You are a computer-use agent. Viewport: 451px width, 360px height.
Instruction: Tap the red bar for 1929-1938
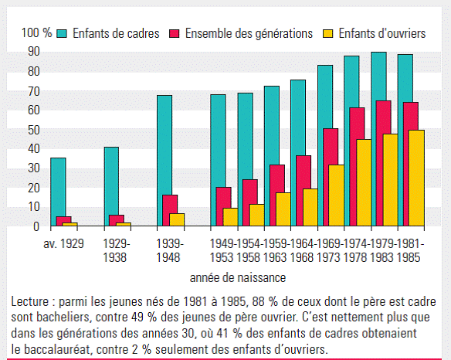coord(117,220)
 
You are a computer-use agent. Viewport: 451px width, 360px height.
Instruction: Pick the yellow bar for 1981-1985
coord(416,178)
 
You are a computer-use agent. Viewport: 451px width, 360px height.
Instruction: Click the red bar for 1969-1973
coord(331,177)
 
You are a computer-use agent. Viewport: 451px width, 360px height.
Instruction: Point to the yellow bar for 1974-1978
coord(364,182)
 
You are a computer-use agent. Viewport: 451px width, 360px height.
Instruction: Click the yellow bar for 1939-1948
coord(177,219)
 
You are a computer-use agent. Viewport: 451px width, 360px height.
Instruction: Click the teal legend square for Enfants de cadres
coord(62,34)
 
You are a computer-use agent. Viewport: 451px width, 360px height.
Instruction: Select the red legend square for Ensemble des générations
coord(175,34)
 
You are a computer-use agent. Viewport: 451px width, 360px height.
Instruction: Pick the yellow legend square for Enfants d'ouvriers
coord(328,34)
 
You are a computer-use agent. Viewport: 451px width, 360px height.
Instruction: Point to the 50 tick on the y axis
coord(34,131)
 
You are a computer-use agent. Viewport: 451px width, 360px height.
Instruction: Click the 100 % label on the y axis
coord(36,32)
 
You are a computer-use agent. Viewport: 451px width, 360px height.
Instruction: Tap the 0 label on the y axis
coord(36,227)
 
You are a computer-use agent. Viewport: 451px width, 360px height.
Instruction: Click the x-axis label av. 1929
coord(63,244)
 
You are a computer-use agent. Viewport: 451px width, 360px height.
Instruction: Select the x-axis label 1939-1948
coord(169,250)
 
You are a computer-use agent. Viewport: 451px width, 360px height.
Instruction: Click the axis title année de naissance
coord(238,278)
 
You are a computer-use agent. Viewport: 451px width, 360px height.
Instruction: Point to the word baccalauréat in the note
coord(56,350)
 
